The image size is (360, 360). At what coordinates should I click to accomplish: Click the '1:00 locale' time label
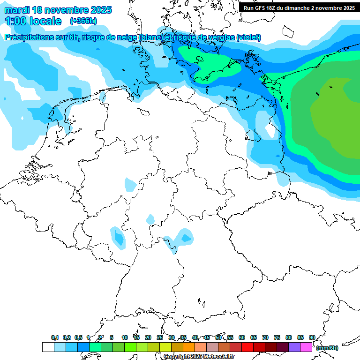[x=33, y=21]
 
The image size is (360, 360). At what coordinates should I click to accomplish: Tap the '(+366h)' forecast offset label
[x=83, y=21]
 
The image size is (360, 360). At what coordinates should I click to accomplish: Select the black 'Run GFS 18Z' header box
[x=299, y=7]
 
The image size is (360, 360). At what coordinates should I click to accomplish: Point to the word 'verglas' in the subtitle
[x=220, y=37]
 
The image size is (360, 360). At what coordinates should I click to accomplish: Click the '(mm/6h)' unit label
[x=327, y=348]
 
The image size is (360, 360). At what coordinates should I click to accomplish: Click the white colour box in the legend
[x=48, y=347]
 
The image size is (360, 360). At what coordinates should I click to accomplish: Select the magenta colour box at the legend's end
[x=306, y=347]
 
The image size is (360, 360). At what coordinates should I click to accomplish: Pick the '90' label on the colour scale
[x=312, y=337]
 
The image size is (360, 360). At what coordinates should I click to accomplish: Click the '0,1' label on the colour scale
[x=54, y=337]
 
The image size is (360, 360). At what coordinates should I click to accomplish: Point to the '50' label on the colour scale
[x=218, y=337]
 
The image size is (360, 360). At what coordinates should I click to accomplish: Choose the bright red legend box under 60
[x=247, y=347]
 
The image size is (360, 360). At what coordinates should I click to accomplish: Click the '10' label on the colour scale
[x=125, y=337]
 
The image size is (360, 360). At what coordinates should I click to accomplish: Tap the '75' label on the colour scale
[x=277, y=337]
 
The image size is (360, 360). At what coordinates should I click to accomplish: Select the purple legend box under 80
[x=294, y=347]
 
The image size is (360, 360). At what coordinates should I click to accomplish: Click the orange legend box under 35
[x=189, y=347]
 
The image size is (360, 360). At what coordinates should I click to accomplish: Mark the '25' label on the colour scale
[x=160, y=337]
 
